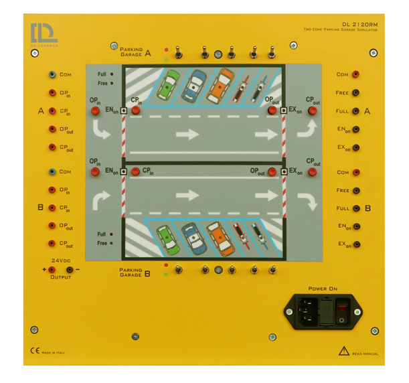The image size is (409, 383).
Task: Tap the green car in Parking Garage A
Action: tap(169, 84)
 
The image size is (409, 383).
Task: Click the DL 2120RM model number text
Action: tap(359, 24)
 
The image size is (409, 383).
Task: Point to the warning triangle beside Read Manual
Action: tap(343, 350)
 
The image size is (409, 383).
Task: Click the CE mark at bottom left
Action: tap(34, 351)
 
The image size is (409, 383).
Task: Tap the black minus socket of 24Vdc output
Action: tap(70, 269)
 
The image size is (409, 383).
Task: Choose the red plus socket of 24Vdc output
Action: tap(52, 269)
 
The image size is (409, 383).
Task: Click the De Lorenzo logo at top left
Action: tap(44, 34)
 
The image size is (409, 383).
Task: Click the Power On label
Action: tap(323, 289)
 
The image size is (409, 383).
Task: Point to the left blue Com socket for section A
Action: tap(52, 75)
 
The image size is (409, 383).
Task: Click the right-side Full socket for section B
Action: tap(356, 208)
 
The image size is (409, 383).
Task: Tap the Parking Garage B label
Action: tap(135, 273)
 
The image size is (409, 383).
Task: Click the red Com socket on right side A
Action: tap(356, 75)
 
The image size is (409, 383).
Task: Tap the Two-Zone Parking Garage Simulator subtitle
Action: tap(341, 30)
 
